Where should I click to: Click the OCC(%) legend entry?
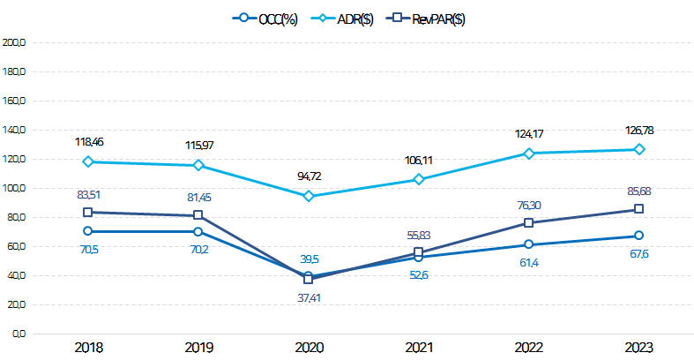point(266,19)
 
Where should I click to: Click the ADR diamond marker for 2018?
point(87,161)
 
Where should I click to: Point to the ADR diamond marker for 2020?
point(308,196)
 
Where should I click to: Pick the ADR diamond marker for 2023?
point(638,149)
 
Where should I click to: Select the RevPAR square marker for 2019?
point(198,215)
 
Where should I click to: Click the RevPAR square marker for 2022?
point(528,223)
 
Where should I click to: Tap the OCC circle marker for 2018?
point(87,231)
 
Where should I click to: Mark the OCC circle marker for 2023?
point(638,236)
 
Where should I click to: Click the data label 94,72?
point(308,176)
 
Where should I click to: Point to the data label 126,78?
point(638,131)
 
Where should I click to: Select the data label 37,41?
point(308,299)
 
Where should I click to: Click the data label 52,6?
point(418,276)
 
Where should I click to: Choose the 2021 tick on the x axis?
point(418,348)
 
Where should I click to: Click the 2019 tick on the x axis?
point(198,348)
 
